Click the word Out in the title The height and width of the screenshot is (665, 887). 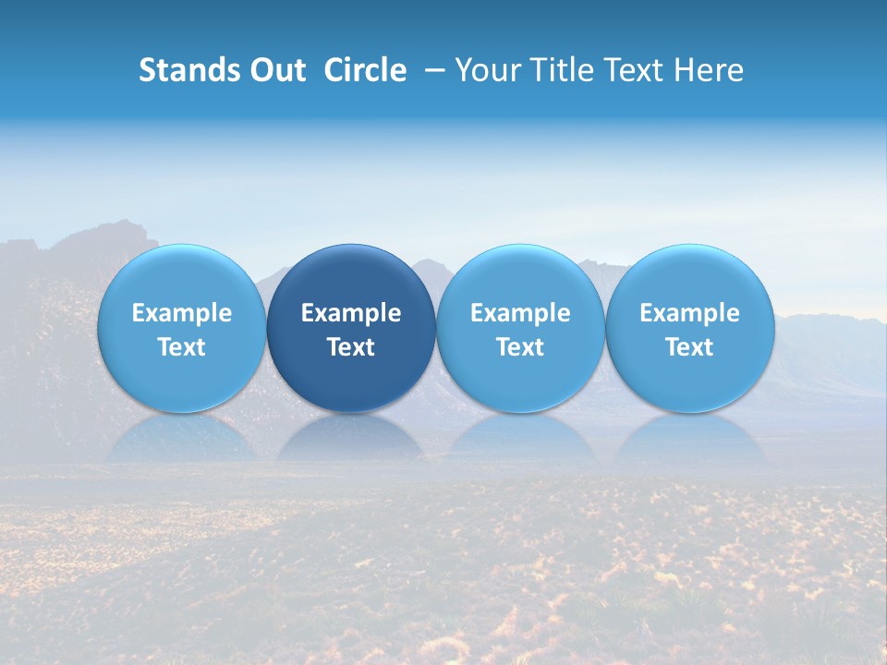pos(275,70)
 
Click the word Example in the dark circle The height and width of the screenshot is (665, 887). pos(351,313)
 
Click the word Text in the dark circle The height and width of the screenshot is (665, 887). pos(351,347)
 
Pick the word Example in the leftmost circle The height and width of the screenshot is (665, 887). pos(181,313)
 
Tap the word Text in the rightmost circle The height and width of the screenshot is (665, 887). pos(689,347)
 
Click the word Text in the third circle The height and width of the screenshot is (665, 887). pos(520,347)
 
